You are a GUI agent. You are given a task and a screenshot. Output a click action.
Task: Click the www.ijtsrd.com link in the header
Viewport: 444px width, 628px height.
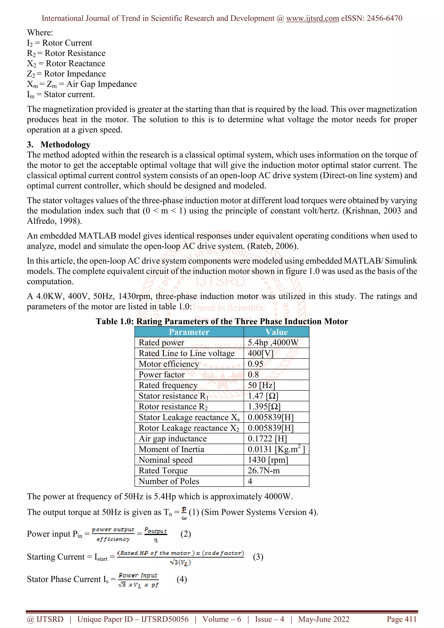(x=312, y=18)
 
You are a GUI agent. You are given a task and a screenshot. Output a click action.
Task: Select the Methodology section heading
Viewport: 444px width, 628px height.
(x=65, y=144)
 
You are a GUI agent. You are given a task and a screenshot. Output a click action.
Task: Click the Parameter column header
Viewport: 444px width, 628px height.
(x=189, y=332)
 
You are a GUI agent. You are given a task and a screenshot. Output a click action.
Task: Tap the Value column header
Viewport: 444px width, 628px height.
(x=276, y=332)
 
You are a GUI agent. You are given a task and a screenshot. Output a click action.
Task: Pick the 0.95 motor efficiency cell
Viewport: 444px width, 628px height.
(x=255, y=364)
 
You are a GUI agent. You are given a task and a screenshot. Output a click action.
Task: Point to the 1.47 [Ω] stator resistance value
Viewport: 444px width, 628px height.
(x=263, y=396)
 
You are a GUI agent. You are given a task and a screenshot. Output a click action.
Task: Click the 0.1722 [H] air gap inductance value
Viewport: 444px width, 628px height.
(x=267, y=438)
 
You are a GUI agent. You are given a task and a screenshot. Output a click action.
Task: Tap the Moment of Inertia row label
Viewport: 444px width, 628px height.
(x=171, y=449)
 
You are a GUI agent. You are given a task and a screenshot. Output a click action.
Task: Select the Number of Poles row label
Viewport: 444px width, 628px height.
(x=169, y=481)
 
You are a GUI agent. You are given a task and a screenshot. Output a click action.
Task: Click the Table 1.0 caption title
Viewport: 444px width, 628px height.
(x=222, y=321)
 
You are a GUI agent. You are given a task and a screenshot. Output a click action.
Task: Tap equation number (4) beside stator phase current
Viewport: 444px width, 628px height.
(x=182, y=579)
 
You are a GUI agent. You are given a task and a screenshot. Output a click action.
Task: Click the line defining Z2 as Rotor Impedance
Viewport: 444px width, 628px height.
(x=66, y=74)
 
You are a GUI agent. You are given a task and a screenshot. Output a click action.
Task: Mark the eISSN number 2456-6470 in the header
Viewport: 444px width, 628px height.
(x=384, y=18)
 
